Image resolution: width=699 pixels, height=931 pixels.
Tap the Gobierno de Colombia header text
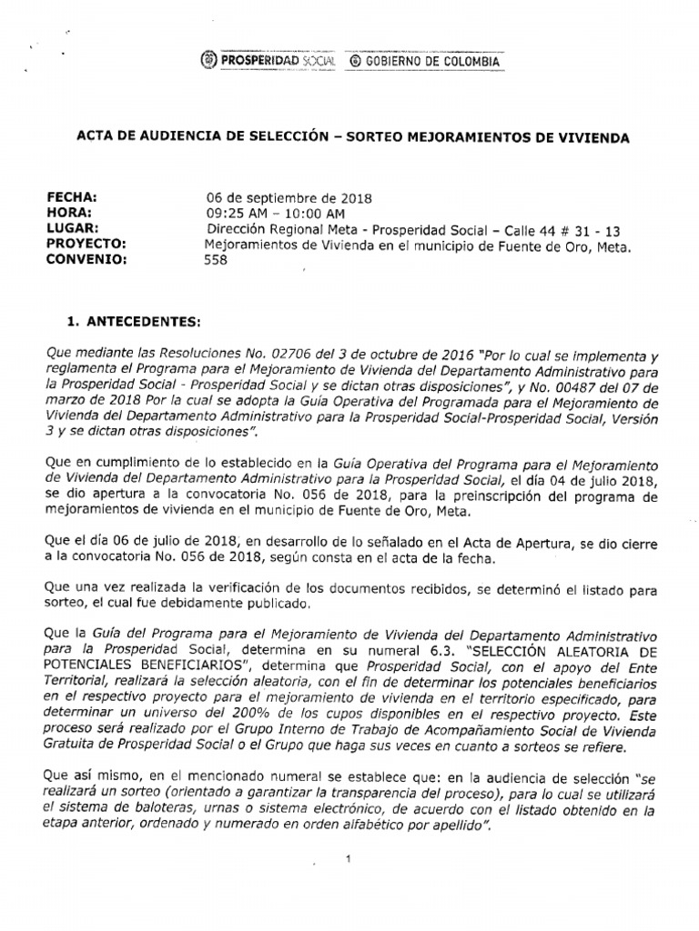[425, 60]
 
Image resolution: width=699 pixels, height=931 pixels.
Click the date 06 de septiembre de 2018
[289, 197]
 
